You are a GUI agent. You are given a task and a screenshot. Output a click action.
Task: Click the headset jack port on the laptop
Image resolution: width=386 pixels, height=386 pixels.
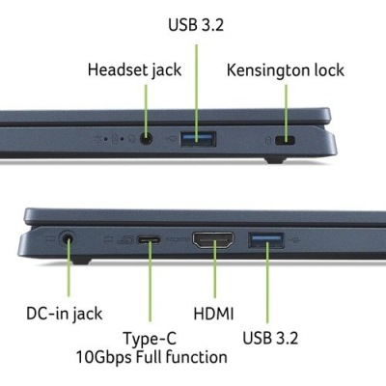[147, 139]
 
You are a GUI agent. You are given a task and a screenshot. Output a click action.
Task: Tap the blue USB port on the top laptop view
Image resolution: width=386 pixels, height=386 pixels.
[198, 139]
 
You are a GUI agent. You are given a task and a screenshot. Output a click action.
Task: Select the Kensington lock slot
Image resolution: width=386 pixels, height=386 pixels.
[286, 140]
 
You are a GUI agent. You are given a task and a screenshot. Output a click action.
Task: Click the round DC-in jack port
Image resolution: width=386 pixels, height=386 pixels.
[68, 239]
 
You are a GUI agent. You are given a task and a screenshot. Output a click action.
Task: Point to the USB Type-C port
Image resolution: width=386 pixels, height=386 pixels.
[149, 240]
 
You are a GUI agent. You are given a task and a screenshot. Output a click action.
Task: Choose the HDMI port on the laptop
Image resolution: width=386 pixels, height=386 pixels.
[213, 241]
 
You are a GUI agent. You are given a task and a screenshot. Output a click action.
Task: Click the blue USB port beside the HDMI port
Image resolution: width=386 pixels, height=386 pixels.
[266, 240]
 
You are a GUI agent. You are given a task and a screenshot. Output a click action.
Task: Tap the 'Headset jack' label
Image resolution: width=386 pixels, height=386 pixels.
[134, 70]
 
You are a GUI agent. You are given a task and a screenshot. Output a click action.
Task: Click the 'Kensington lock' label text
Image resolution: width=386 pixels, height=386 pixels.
[286, 70]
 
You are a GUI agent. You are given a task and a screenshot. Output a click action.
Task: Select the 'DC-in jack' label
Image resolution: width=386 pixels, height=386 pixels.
[65, 314]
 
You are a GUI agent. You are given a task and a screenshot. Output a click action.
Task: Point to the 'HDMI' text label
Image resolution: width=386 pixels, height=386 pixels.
[213, 314]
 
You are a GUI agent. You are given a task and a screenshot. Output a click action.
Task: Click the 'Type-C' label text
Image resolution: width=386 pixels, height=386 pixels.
[150, 339]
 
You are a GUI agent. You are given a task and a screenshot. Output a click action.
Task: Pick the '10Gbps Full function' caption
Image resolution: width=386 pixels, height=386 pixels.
[152, 357]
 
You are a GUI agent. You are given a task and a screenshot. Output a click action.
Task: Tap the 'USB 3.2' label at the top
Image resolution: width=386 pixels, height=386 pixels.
[196, 25]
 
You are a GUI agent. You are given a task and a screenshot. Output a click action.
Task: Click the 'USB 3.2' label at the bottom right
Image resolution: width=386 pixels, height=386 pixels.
[270, 338]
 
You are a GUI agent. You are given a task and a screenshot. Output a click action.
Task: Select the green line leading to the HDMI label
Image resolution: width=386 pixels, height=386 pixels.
[214, 270]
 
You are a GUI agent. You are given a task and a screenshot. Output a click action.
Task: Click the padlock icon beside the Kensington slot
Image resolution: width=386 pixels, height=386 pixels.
[268, 141]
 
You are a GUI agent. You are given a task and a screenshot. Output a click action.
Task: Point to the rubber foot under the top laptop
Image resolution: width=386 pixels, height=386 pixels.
[275, 160]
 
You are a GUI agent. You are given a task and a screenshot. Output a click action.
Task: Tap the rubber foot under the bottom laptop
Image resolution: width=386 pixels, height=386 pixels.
[81, 261]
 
